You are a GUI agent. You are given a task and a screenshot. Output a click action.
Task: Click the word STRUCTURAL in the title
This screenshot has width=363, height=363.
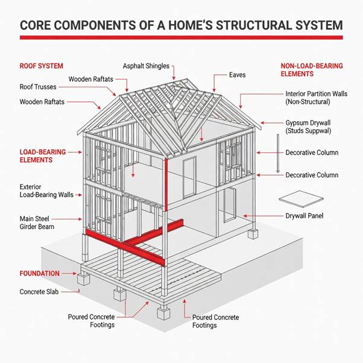[x=224, y=25]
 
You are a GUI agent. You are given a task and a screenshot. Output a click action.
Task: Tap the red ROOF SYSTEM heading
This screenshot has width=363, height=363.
[x=41, y=66]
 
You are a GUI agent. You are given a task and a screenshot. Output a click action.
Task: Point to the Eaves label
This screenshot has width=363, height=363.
[x=237, y=75]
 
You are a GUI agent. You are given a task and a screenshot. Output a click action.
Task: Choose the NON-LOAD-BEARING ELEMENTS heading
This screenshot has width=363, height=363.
[x=305, y=69]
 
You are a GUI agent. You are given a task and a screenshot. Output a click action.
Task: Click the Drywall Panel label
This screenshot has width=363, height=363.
[x=308, y=215]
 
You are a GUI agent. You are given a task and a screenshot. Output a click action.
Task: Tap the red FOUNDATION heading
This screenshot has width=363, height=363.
[x=39, y=273]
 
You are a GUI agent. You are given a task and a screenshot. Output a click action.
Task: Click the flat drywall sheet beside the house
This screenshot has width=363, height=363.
[x=297, y=198]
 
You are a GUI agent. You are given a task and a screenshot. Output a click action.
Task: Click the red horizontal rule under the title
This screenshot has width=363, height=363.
[x=181, y=37]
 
